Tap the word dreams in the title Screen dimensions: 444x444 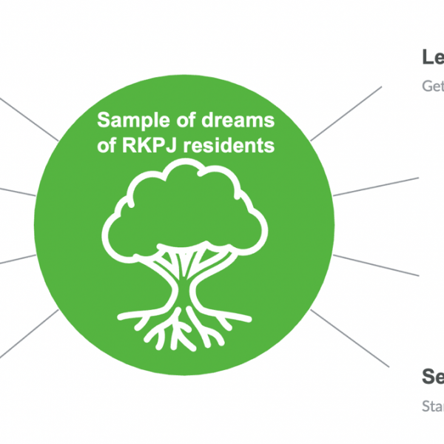point(240,121)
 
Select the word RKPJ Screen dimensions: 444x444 point(146,145)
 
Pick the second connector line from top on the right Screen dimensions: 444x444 point(377,186)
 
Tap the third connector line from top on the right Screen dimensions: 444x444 point(377,264)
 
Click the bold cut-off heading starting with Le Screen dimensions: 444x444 point(432,57)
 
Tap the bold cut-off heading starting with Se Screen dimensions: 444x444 point(432,376)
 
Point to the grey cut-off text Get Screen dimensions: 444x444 point(432,84)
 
